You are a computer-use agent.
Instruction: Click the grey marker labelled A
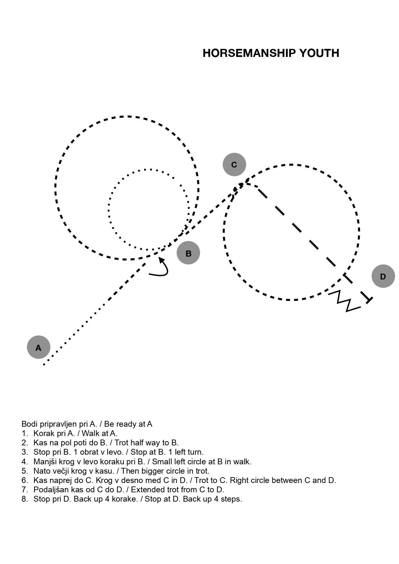[x=39, y=347]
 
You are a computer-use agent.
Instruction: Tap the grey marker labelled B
[x=188, y=253]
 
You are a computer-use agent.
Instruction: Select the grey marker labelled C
[x=234, y=165]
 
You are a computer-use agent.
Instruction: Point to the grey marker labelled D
[x=383, y=276]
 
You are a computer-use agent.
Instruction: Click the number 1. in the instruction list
[x=25, y=433]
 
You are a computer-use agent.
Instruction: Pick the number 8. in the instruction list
[x=25, y=499]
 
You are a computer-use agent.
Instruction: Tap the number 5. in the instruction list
[x=25, y=471]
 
